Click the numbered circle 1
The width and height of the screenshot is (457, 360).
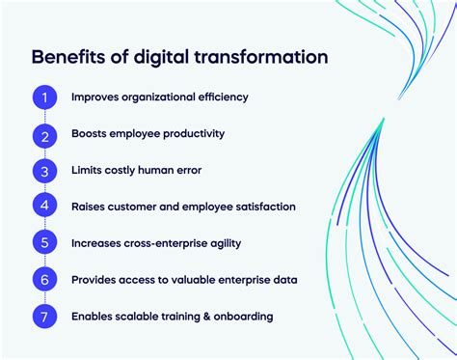44,97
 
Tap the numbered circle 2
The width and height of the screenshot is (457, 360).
44,134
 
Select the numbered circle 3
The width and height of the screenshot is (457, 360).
44,171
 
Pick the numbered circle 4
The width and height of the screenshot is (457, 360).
44,207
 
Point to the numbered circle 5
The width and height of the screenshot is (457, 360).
44,243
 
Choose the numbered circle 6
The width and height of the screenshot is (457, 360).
44,280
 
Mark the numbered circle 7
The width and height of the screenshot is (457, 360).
44,316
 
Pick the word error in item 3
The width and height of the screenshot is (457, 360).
186,171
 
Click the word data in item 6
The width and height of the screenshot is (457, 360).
283,280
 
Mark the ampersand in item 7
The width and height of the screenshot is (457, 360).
194,317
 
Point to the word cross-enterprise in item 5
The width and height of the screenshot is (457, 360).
169,243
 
